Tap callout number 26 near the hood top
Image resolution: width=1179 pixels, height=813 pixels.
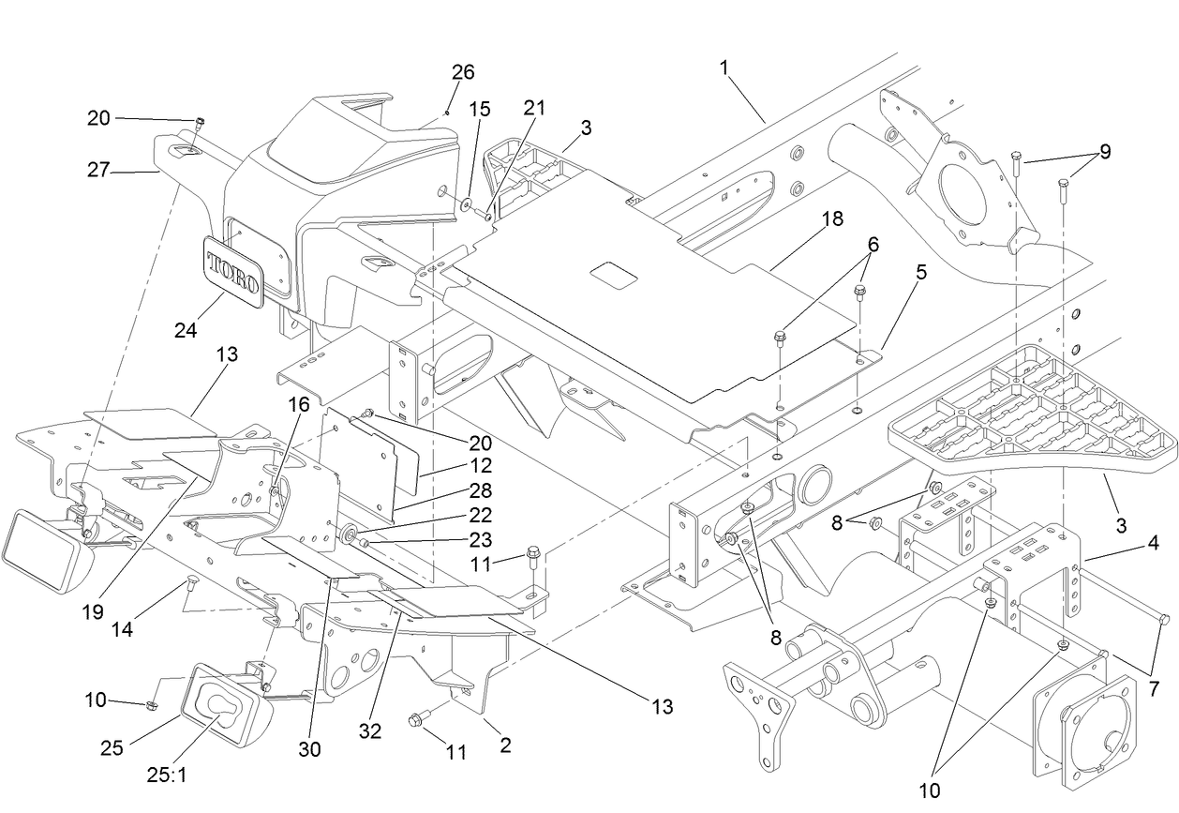463,72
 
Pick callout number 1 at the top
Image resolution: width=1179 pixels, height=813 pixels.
724,68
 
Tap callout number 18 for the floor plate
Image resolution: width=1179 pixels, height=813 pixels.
831,218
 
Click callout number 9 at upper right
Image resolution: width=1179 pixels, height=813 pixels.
1105,151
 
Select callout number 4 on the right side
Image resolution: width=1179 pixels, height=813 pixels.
1153,543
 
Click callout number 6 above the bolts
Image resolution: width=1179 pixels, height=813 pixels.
873,242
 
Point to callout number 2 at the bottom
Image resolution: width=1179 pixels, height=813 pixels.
505,746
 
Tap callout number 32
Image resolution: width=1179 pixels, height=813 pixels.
371,730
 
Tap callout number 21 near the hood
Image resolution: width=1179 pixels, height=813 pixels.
533,108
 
